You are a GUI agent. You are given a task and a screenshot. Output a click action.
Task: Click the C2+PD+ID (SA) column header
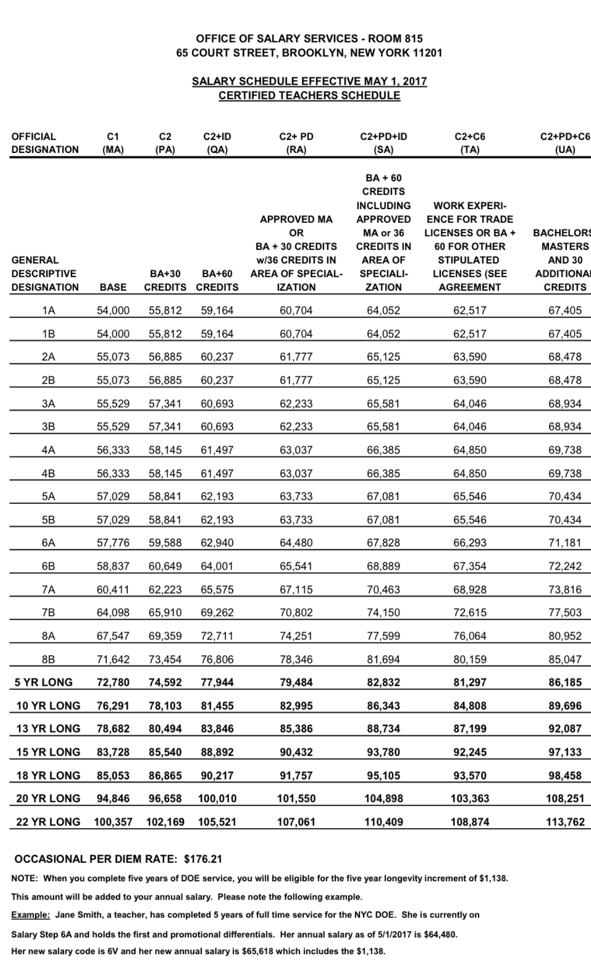click(383, 143)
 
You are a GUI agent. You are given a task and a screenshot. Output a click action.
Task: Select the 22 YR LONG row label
click(48, 822)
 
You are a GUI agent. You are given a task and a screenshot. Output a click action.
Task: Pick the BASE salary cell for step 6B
click(113, 566)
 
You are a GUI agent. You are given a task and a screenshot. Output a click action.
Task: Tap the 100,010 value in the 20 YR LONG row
click(217, 799)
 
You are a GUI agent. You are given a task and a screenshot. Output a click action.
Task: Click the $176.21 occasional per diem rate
click(203, 859)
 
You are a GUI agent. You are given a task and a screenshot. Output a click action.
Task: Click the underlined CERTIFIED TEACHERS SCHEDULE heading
click(309, 96)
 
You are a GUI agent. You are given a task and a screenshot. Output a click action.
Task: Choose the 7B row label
click(48, 613)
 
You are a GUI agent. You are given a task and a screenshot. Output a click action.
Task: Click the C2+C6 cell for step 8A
click(470, 636)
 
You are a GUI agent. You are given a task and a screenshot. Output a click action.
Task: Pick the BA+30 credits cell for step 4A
click(165, 450)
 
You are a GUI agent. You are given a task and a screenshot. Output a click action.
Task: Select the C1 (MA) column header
click(113, 143)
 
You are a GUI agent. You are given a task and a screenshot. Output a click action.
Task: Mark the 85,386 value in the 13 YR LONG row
click(296, 729)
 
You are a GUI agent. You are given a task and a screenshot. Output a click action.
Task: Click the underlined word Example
click(30, 915)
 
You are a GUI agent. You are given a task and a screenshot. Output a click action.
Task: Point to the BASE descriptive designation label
click(113, 287)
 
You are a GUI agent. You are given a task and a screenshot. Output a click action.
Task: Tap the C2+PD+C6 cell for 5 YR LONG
click(565, 683)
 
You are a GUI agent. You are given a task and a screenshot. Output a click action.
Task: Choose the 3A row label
click(48, 404)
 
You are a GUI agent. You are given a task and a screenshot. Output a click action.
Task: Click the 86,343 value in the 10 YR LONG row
click(383, 706)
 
